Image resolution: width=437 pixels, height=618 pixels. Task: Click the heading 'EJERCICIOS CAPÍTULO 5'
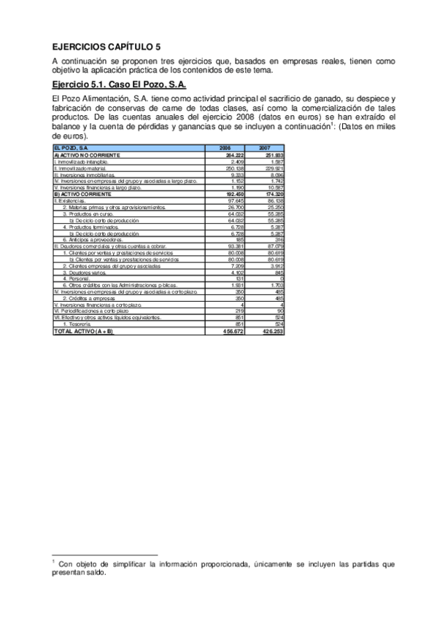[x=107, y=45]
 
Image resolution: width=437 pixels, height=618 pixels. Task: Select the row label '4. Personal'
[x=76, y=278]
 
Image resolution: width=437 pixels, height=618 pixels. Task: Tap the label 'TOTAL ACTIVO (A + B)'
[x=85, y=332]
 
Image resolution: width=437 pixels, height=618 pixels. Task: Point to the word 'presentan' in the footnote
[x=72, y=572]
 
